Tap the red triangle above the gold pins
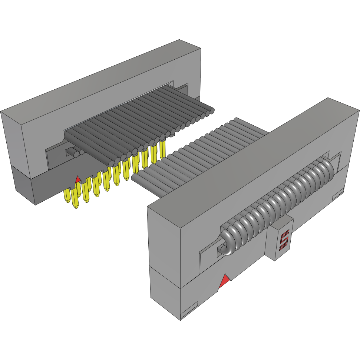pyautogui.click(x=78, y=180)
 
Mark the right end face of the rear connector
pyautogui.click(x=195, y=74)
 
